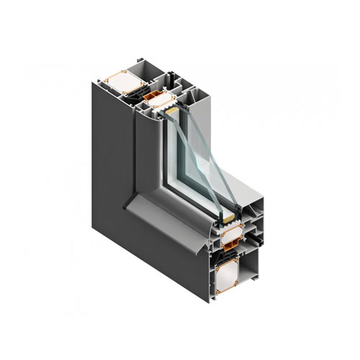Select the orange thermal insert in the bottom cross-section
click(x=231, y=253)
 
